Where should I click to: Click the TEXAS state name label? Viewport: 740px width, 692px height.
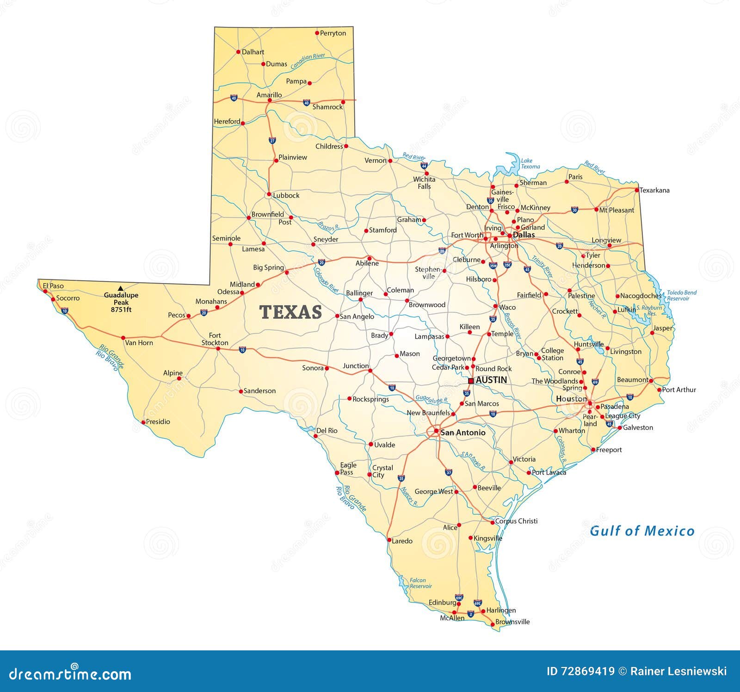[x=290, y=312]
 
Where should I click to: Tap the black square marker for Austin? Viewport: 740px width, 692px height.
[x=471, y=381]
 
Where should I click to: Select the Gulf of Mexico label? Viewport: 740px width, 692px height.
[x=642, y=531]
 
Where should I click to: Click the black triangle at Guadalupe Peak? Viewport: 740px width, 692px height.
[x=121, y=288]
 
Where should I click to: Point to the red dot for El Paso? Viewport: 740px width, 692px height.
[x=45, y=291]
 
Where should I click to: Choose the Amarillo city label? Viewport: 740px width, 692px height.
[x=269, y=95]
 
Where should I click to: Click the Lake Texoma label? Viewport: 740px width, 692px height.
[x=530, y=163]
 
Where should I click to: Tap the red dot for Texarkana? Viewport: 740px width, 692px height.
[x=637, y=190]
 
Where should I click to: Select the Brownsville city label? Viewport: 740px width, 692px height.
[x=512, y=622]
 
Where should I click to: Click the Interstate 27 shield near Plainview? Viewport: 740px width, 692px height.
[x=272, y=140]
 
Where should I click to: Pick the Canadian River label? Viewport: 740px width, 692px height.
[x=308, y=62]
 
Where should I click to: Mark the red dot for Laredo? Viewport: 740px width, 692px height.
[x=389, y=540]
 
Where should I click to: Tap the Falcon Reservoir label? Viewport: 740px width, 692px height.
[x=420, y=583]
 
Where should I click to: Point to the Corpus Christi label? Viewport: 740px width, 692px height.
[x=516, y=521]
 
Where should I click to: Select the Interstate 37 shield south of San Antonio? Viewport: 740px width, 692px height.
[x=448, y=472]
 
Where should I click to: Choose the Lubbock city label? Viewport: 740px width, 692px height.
[x=286, y=195]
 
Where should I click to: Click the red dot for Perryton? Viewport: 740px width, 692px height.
[x=317, y=33]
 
